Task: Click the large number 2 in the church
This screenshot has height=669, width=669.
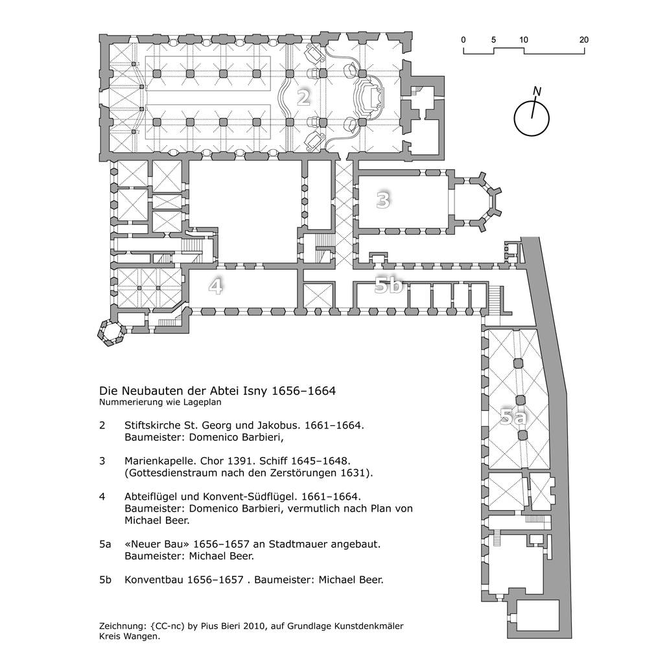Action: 303,97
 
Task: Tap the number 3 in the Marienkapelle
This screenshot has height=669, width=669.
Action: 383,201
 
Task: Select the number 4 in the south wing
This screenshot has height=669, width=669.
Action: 215,286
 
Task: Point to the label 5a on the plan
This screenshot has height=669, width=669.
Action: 515,417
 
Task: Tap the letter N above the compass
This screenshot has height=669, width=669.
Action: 536,91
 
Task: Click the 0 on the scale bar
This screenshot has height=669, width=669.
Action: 464,40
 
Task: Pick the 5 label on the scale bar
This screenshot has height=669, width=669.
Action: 494,40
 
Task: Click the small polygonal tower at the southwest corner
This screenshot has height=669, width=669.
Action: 111,333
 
